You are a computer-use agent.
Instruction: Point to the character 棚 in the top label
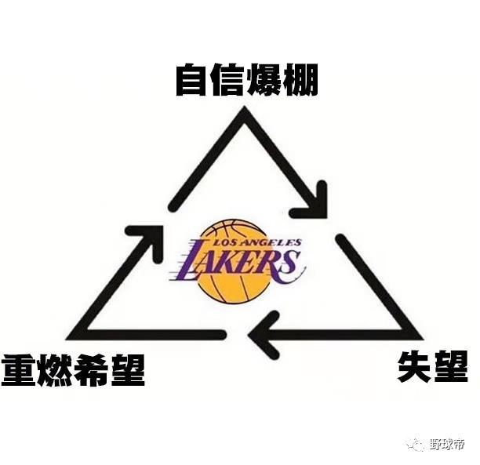click(x=300, y=80)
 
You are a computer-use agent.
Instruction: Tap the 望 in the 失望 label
click(x=451, y=366)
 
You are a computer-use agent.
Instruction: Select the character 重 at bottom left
click(x=18, y=370)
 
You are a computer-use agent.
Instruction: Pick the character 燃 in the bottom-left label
click(x=54, y=370)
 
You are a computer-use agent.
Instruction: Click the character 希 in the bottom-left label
click(x=91, y=370)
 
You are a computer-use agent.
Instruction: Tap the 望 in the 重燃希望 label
click(x=127, y=370)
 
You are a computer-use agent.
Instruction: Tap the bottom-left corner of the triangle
click(x=69, y=338)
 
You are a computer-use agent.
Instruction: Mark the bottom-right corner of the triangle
click(x=420, y=338)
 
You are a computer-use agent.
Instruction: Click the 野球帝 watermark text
click(x=448, y=443)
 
